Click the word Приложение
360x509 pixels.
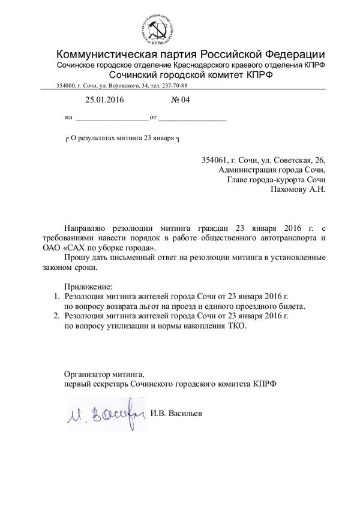click(88, 285)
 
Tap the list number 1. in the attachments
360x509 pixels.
click(53, 296)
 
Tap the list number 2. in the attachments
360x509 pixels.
click(53, 316)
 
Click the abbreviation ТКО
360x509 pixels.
click(237, 326)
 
